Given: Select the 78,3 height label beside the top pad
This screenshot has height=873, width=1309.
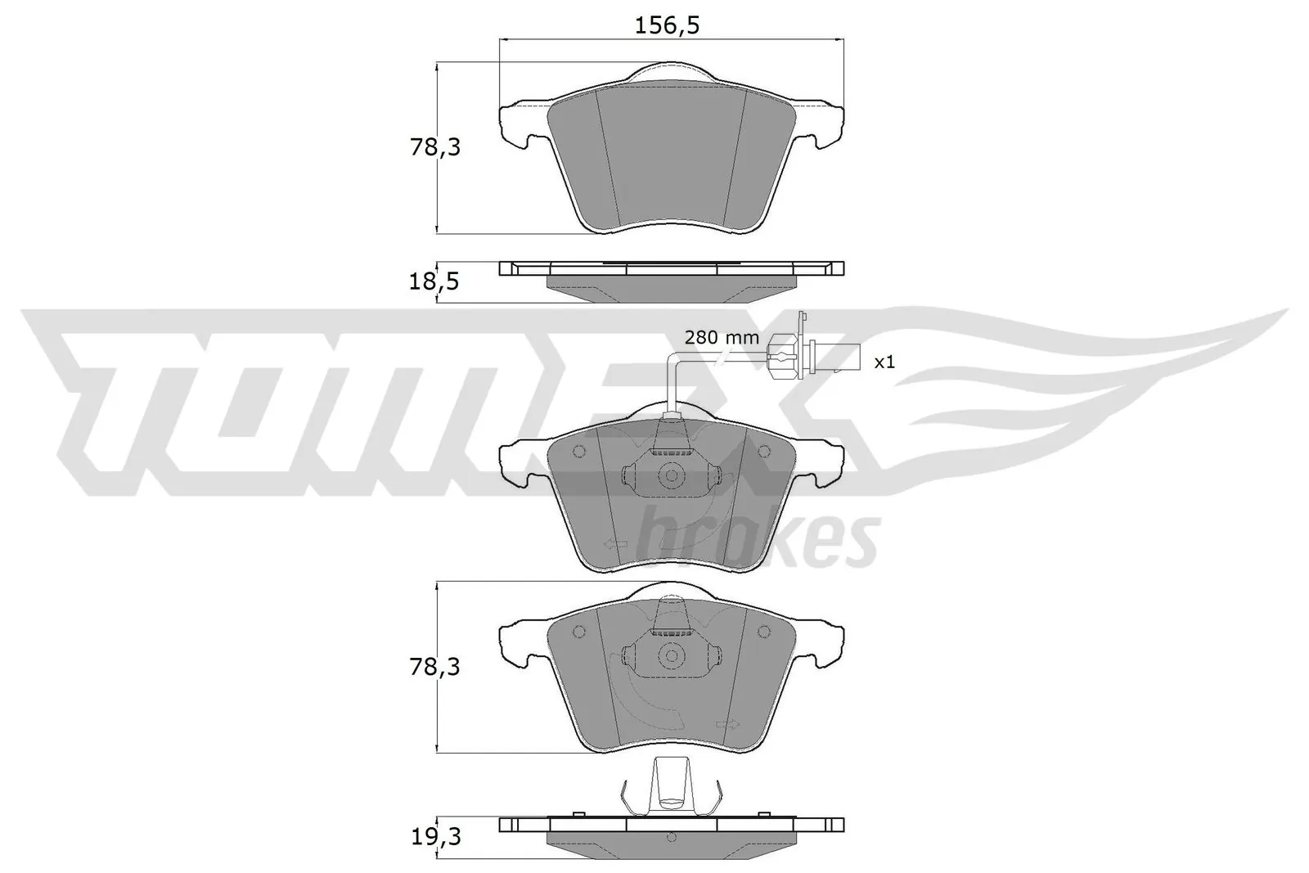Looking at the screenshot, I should [434, 148].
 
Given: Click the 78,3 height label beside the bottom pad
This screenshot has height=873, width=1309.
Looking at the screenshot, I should [434, 668].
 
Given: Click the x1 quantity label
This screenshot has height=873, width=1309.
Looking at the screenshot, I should [884, 361].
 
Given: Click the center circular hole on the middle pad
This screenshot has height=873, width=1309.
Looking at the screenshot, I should [671, 475].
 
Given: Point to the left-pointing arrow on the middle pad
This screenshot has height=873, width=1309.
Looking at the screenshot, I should [614, 543].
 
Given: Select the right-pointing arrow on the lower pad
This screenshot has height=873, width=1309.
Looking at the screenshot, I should [726, 724].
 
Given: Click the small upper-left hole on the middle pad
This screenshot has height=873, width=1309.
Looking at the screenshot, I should [579, 451].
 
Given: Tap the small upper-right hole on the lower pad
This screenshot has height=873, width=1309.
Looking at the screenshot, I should [763, 631].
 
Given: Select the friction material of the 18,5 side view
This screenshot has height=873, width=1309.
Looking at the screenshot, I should [671, 288].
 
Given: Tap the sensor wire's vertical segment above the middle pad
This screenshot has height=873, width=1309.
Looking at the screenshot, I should [671, 385].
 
